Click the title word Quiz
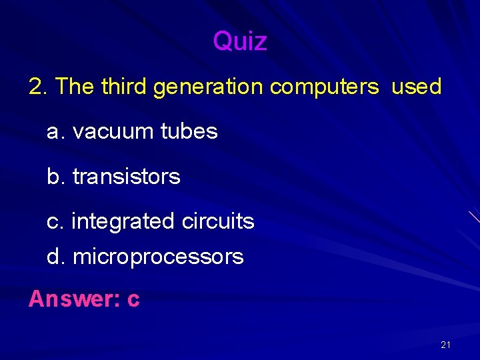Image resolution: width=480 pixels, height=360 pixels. click(x=240, y=42)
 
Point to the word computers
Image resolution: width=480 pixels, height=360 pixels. click(x=324, y=87)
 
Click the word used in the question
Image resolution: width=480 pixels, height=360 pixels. click(x=416, y=87)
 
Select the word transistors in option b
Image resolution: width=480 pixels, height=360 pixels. click(x=126, y=177)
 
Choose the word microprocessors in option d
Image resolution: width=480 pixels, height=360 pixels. click(x=158, y=257)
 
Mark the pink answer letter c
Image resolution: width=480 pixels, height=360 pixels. click(x=133, y=300)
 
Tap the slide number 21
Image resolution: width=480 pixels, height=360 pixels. click(x=445, y=345)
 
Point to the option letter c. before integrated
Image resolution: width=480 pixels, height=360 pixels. click(x=53, y=221)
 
